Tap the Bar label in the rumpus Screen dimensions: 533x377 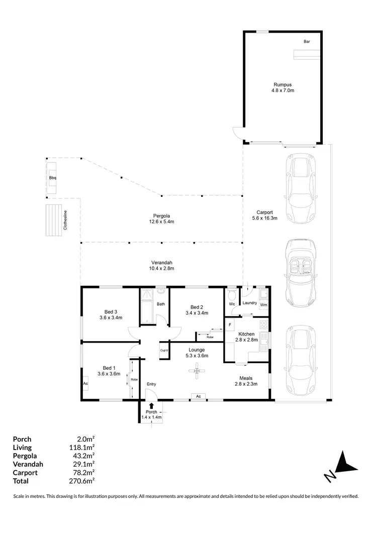click(x=306, y=42)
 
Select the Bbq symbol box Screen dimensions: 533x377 click(x=52, y=177)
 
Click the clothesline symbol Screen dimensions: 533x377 click(x=53, y=220)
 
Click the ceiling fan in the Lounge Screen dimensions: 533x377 click(x=197, y=371)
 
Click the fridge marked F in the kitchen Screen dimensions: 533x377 click(x=230, y=325)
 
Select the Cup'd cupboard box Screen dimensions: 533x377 click(x=164, y=350)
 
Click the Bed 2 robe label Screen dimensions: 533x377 click(x=210, y=337)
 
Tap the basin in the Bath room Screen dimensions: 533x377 click(x=161, y=291)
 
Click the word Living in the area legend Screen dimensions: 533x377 click(x=22, y=447)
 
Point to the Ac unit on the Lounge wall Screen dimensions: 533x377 click(x=199, y=396)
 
